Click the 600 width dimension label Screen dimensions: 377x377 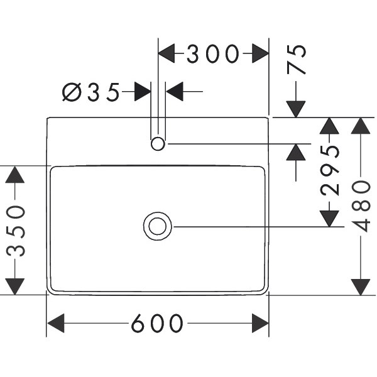tap(157, 324)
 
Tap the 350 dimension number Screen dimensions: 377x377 tap(15, 231)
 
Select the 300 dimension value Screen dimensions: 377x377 tap(214, 54)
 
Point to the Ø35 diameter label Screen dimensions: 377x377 tap(91, 92)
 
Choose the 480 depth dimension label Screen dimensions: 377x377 tap(361, 206)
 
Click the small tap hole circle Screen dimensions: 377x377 tap(157, 144)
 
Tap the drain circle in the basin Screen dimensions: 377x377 tap(157, 226)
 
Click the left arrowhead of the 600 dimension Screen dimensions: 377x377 tap(57, 324)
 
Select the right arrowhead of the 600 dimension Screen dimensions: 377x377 tap(260, 324)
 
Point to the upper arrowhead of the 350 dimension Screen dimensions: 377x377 tap(15, 175)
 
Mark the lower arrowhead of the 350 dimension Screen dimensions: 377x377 tap(15, 285)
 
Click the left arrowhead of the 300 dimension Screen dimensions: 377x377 tap(167, 54)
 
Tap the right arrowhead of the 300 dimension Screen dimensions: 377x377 tap(260, 54)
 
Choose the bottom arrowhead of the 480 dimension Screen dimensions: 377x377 tap(361, 286)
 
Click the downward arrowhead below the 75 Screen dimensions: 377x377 tap(296, 108)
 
